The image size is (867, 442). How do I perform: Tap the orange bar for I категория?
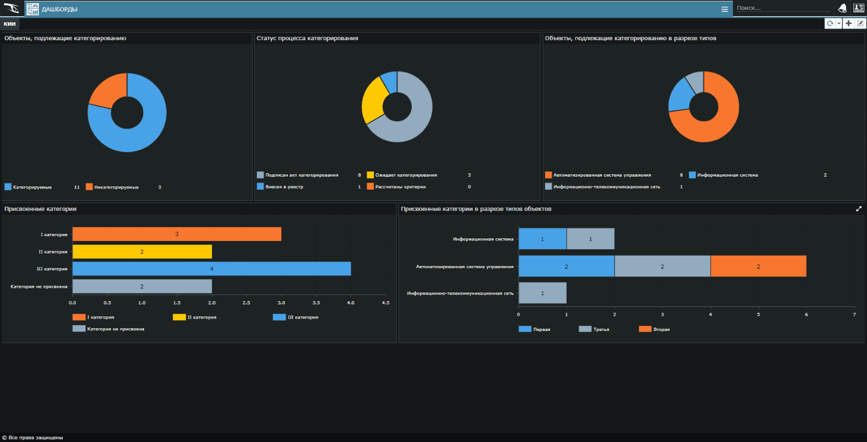coord(177,234)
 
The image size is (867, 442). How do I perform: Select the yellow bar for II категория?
coord(142,252)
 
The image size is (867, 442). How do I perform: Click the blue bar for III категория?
coord(211,269)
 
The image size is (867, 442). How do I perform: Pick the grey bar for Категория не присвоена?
coord(142,287)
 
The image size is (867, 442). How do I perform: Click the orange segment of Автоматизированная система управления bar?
coord(758,266)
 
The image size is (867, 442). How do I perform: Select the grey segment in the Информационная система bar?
coord(591,239)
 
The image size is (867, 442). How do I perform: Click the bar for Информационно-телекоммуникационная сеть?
coord(542,293)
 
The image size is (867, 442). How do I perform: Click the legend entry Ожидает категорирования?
coord(405,175)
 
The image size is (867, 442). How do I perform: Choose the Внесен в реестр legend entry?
coord(284,187)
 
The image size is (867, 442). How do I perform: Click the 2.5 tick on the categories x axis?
coord(246,303)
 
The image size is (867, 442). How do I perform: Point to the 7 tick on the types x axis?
coord(855,314)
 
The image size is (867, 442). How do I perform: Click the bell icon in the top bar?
coord(842,8)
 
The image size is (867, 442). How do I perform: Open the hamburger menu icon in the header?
coord(724,9)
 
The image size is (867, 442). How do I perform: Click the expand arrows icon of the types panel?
coord(859,209)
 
